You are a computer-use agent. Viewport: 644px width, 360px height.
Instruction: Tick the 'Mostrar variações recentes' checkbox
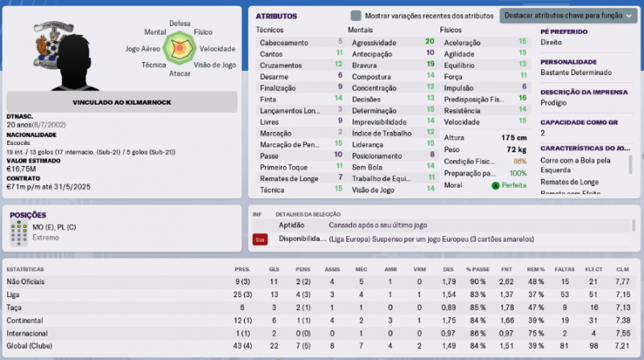click(356, 16)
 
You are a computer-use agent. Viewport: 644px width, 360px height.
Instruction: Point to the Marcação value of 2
click(340, 133)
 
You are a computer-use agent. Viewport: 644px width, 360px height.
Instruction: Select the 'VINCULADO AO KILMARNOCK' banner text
click(122, 102)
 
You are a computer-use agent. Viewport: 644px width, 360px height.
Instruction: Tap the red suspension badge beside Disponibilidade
click(260, 239)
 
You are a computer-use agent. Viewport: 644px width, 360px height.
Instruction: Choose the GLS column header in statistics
click(274, 269)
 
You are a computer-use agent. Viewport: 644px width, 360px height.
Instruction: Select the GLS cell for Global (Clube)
click(274, 346)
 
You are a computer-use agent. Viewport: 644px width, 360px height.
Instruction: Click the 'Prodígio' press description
click(555, 103)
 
